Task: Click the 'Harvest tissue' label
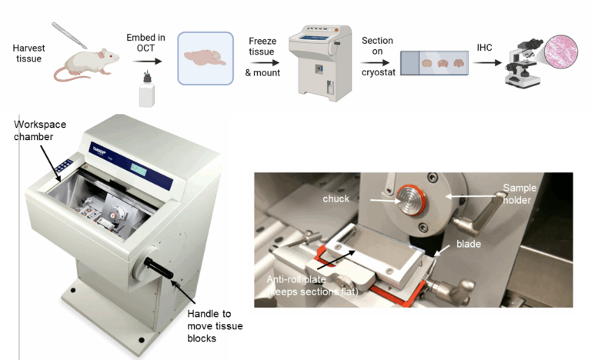pos(29,53)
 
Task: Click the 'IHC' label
pos(486,48)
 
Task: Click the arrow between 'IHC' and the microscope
pos(486,62)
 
